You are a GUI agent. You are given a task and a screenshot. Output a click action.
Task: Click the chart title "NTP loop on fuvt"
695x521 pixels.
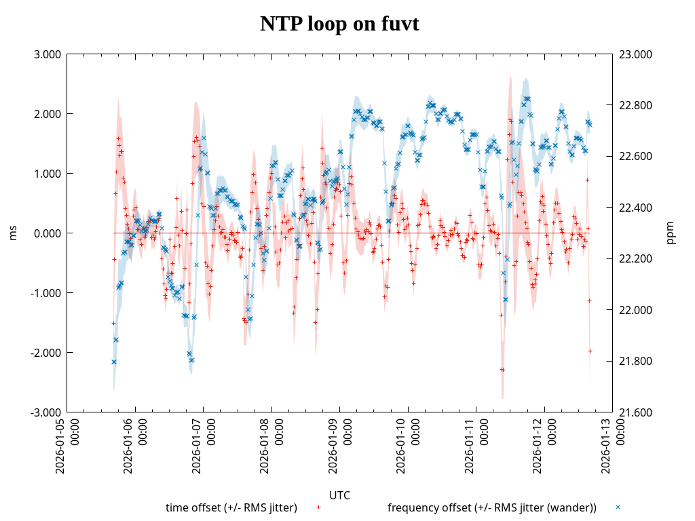pos(339,24)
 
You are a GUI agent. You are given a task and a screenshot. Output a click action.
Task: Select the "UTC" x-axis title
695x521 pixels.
pos(339,495)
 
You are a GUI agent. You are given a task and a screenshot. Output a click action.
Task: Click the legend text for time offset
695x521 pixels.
pos(231,507)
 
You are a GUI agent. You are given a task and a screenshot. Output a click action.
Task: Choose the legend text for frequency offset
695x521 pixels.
pos(492,507)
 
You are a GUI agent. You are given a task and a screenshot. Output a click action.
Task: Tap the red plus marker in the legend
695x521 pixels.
pos(318,507)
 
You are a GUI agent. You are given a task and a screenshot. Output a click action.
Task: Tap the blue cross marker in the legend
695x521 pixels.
pos(618,507)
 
